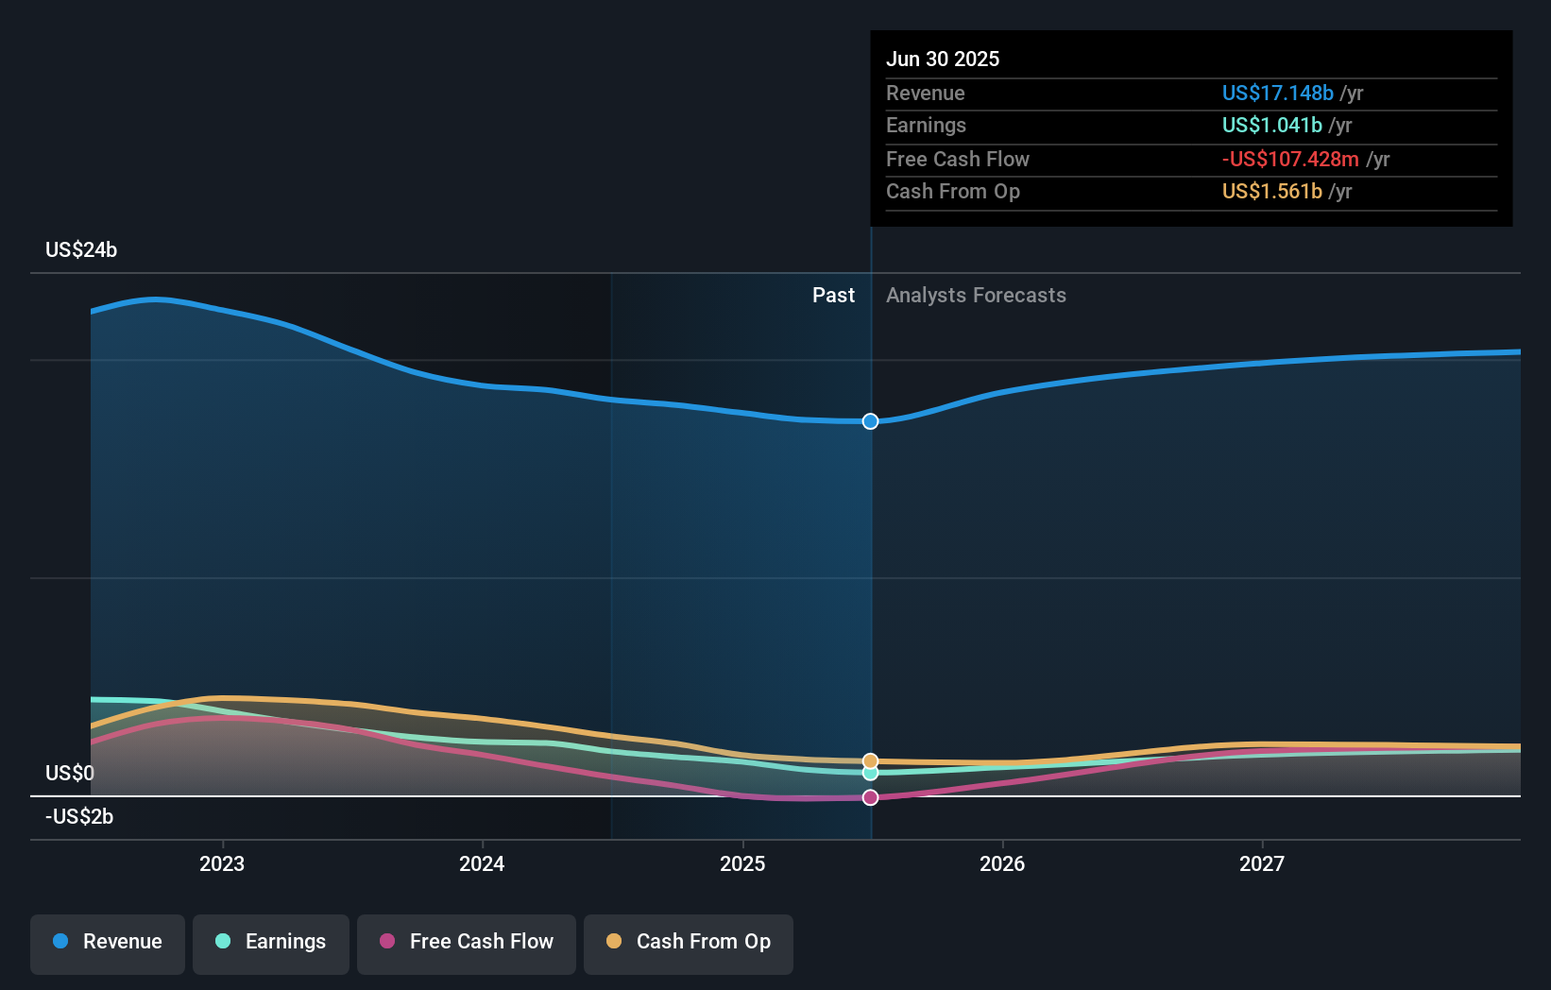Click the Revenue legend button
tap(108, 943)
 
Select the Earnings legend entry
tap(271, 943)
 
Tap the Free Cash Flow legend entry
tap(467, 943)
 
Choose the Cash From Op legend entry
tap(689, 943)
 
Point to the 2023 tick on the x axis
tap(222, 863)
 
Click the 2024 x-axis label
tap(482, 863)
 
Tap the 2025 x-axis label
tap(742, 863)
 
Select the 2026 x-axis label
tap(1002, 863)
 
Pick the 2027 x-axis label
tap(1262, 863)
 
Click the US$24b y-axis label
tap(81, 250)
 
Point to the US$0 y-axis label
tap(70, 774)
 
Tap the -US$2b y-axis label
tap(79, 817)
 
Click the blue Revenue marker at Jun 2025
tap(871, 421)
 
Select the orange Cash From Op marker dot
tap(871, 761)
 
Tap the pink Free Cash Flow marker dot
tap(871, 797)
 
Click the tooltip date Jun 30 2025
tap(943, 60)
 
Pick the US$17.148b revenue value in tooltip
tap(1277, 94)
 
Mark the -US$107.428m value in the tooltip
tap(1290, 160)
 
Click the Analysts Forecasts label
tap(976, 296)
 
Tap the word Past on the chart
tap(833, 296)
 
